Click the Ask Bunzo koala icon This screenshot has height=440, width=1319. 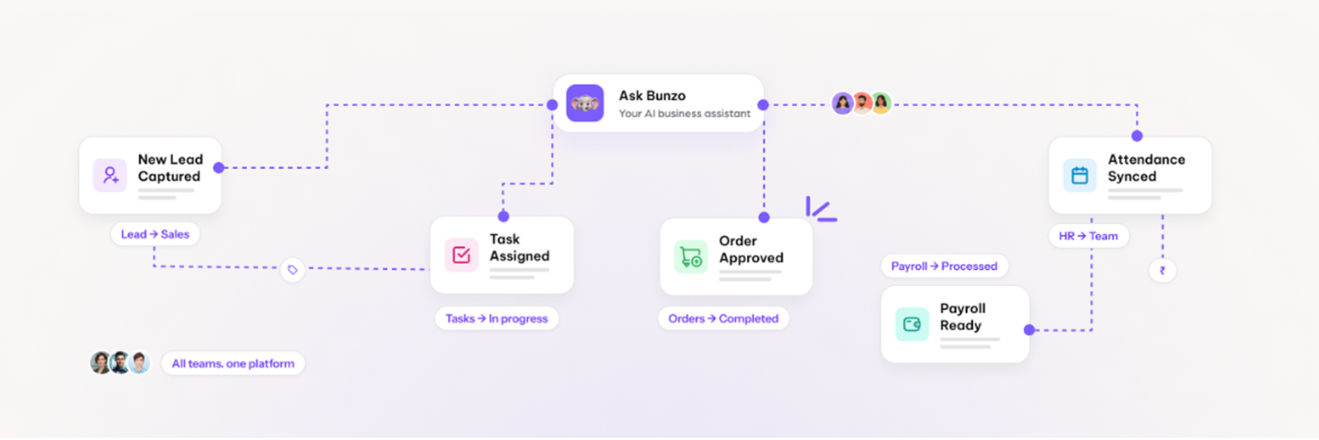(585, 103)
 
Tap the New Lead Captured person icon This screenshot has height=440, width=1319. (110, 175)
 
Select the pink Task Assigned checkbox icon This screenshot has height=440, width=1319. (462, 255)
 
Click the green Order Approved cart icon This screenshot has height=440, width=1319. (691, 257)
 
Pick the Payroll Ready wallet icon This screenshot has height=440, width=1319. (912, 324)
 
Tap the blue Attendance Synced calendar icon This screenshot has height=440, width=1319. (1080, 175)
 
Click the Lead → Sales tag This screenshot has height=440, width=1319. (155, 234)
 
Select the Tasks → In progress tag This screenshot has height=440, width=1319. (497, 318)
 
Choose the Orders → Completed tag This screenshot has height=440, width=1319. (723, 318)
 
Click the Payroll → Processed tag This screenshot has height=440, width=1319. (945, 266)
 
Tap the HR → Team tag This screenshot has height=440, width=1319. (1089, 236)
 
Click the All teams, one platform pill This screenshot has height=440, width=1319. (233, 363)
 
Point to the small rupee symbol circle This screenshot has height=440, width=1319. (1162, 270)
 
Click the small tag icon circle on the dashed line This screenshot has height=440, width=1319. (293, 269)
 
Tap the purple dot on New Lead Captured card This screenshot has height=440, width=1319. (218, 168)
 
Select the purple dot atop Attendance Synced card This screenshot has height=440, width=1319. (1137, 136)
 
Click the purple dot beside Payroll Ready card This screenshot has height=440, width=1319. (1029, 330)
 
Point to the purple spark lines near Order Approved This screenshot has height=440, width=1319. (821, 210)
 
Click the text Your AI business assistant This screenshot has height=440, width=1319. (684, 113)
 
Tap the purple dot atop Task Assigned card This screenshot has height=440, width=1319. (504, 217)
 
